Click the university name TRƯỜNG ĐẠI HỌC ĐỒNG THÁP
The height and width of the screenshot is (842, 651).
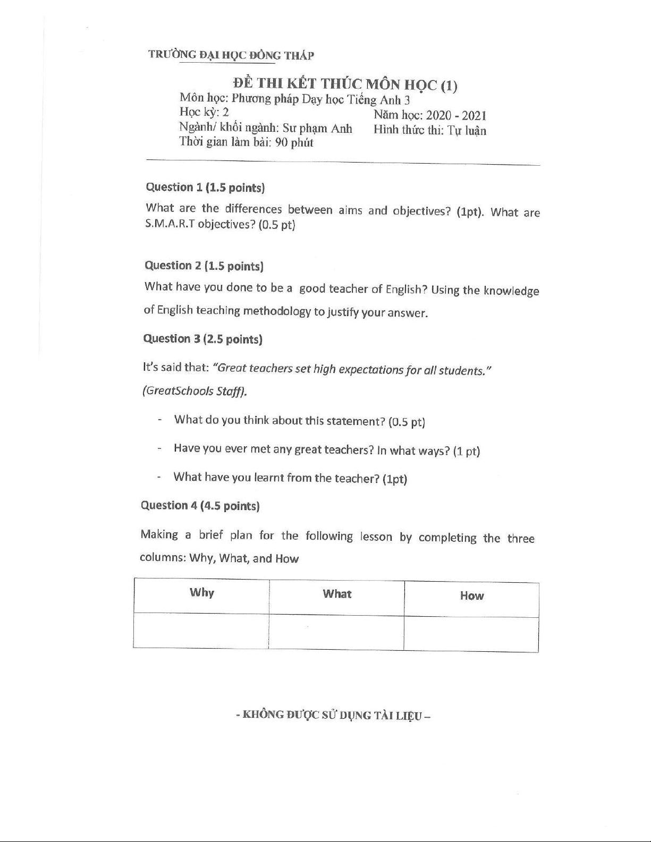click(x=231, y=55)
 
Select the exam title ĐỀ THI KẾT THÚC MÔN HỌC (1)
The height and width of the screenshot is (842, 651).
click(x=345, y=84)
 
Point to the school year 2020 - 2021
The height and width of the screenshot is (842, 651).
click(x=456, y=116)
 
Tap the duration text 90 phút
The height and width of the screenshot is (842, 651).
click(x=294, y=142)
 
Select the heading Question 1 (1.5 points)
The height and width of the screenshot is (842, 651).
click(x=205, y=188)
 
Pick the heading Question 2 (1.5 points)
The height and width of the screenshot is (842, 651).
click(x=204, y=266)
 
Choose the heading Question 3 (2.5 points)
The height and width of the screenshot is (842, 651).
click(x=203, y=339)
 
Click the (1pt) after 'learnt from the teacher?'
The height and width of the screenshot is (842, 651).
click(x=395, y=479)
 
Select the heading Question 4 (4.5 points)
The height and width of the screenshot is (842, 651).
click(x=200, y=506)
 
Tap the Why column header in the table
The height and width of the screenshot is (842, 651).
click(x=202, y=593)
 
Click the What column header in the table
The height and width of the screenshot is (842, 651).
click(x=337, y=594)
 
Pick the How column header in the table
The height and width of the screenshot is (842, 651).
click(x=472, y=596)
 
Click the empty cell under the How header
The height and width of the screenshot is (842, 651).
click(x=471, y=633)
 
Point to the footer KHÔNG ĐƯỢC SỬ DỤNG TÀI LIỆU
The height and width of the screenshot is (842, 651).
click(x=333, y=715)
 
